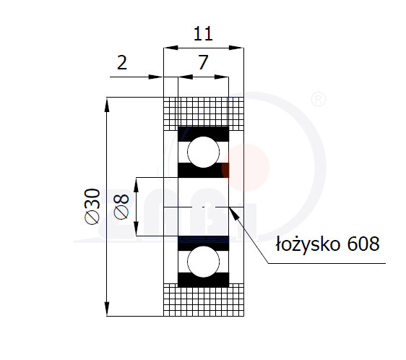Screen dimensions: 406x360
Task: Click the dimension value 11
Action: (203, 34)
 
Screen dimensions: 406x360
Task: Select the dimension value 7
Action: (203, 62)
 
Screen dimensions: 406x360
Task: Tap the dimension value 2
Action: (122, 62)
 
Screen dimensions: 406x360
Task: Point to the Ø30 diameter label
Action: (92, 206)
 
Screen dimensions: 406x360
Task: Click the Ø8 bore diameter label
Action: (121, 207)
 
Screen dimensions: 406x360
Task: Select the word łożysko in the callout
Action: (308, 244)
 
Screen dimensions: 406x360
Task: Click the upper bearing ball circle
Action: (203, 152)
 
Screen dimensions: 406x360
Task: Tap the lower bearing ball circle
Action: (203, 262)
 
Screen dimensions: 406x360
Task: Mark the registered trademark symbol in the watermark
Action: (318, 99)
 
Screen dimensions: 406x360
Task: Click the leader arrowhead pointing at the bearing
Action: (234, 213)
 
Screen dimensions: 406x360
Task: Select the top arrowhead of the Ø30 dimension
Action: (107, 105)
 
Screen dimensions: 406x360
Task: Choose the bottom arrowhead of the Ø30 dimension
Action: (107, 309)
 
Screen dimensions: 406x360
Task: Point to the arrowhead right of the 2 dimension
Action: (155, 77)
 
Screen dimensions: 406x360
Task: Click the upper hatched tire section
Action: (204, 113)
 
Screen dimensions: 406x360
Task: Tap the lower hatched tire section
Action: (204, 300)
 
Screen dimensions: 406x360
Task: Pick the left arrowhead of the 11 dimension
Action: (171, 48)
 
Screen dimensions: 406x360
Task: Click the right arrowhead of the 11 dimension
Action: (236, 48)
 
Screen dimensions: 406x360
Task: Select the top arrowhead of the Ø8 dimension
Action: (137, 184)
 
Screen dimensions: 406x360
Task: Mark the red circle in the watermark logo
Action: (246, 167)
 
